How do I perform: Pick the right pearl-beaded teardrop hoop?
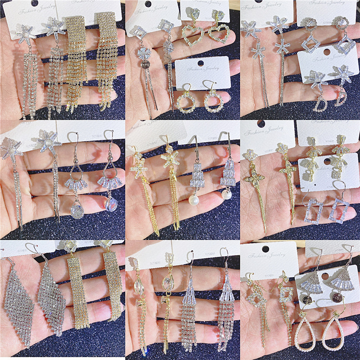point(342,332)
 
